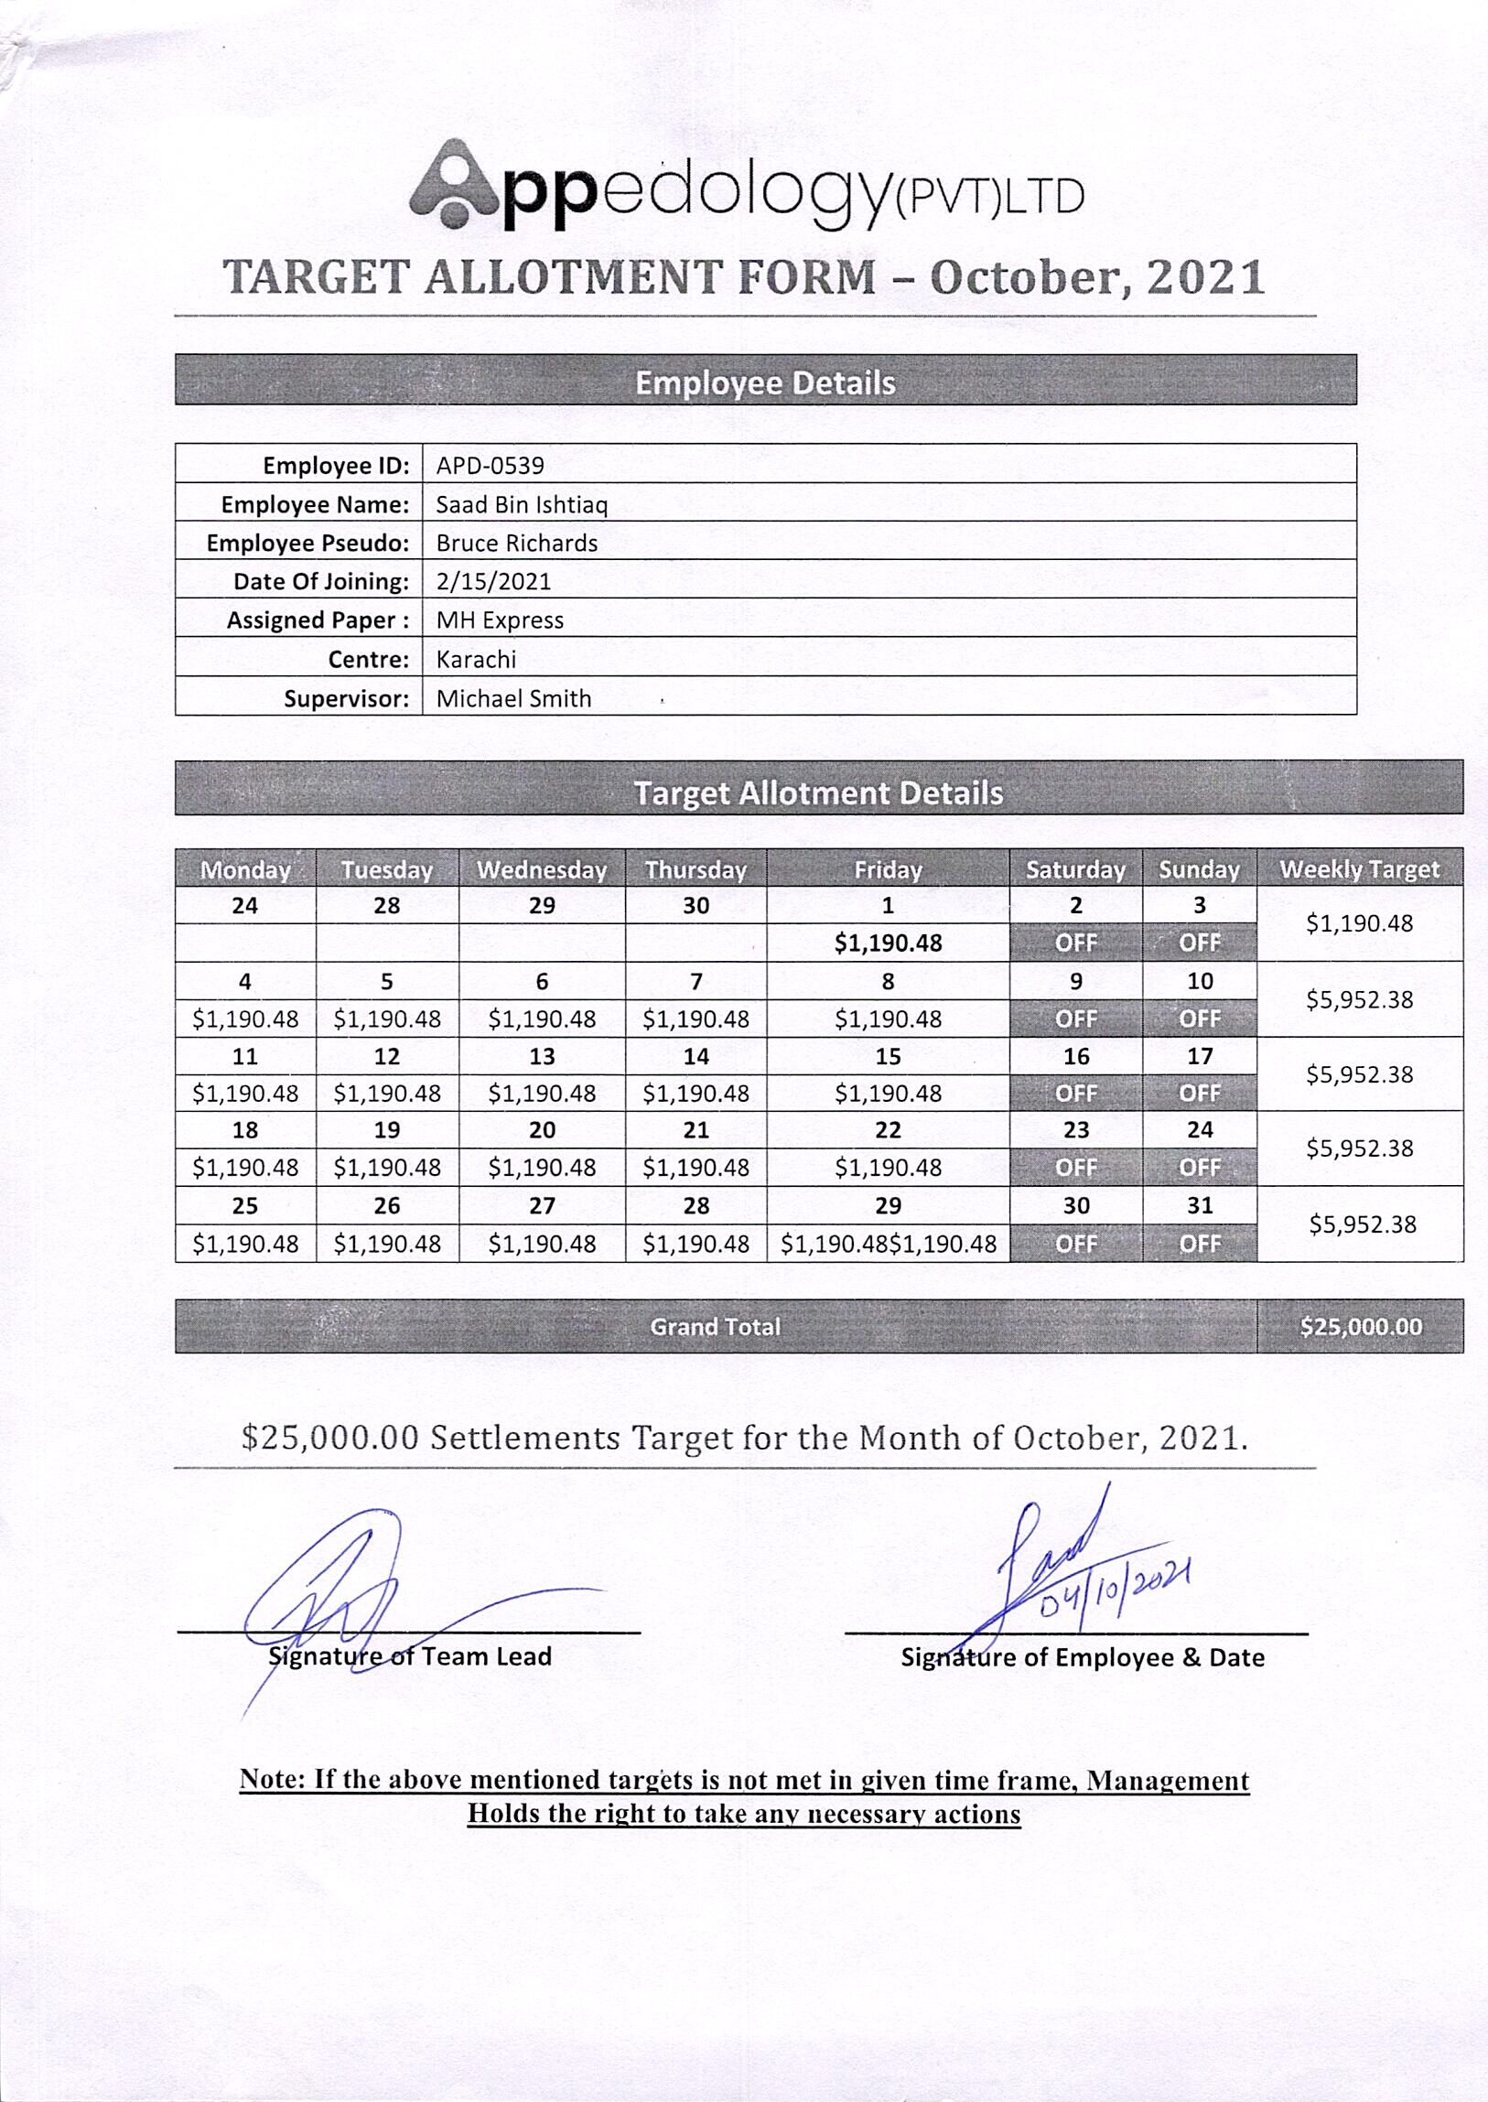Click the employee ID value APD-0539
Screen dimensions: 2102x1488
[490, 466]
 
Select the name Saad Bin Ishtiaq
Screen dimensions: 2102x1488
[522, 505]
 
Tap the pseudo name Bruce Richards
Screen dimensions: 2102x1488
[517, 544]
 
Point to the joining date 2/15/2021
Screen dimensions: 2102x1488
[493, 582]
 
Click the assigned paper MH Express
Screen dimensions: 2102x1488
[500, 620]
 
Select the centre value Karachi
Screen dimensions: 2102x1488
[476, 660]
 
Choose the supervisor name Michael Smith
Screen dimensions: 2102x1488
[513, 699]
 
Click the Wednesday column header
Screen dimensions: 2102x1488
[542, 869]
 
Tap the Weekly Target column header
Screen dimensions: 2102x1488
[1359, 869]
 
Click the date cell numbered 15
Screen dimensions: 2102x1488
[887, 1057]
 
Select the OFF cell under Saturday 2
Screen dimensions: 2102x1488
[1075, 943]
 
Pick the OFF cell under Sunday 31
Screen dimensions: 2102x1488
[1200, 1244]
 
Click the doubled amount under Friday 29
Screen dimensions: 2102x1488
[888, 1244]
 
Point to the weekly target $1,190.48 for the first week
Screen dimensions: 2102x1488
[1359, 923]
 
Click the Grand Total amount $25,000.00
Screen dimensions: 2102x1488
[1361, 1327]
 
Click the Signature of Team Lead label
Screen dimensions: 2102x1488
[410, 1656]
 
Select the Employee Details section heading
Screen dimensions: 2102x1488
[765, 383]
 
